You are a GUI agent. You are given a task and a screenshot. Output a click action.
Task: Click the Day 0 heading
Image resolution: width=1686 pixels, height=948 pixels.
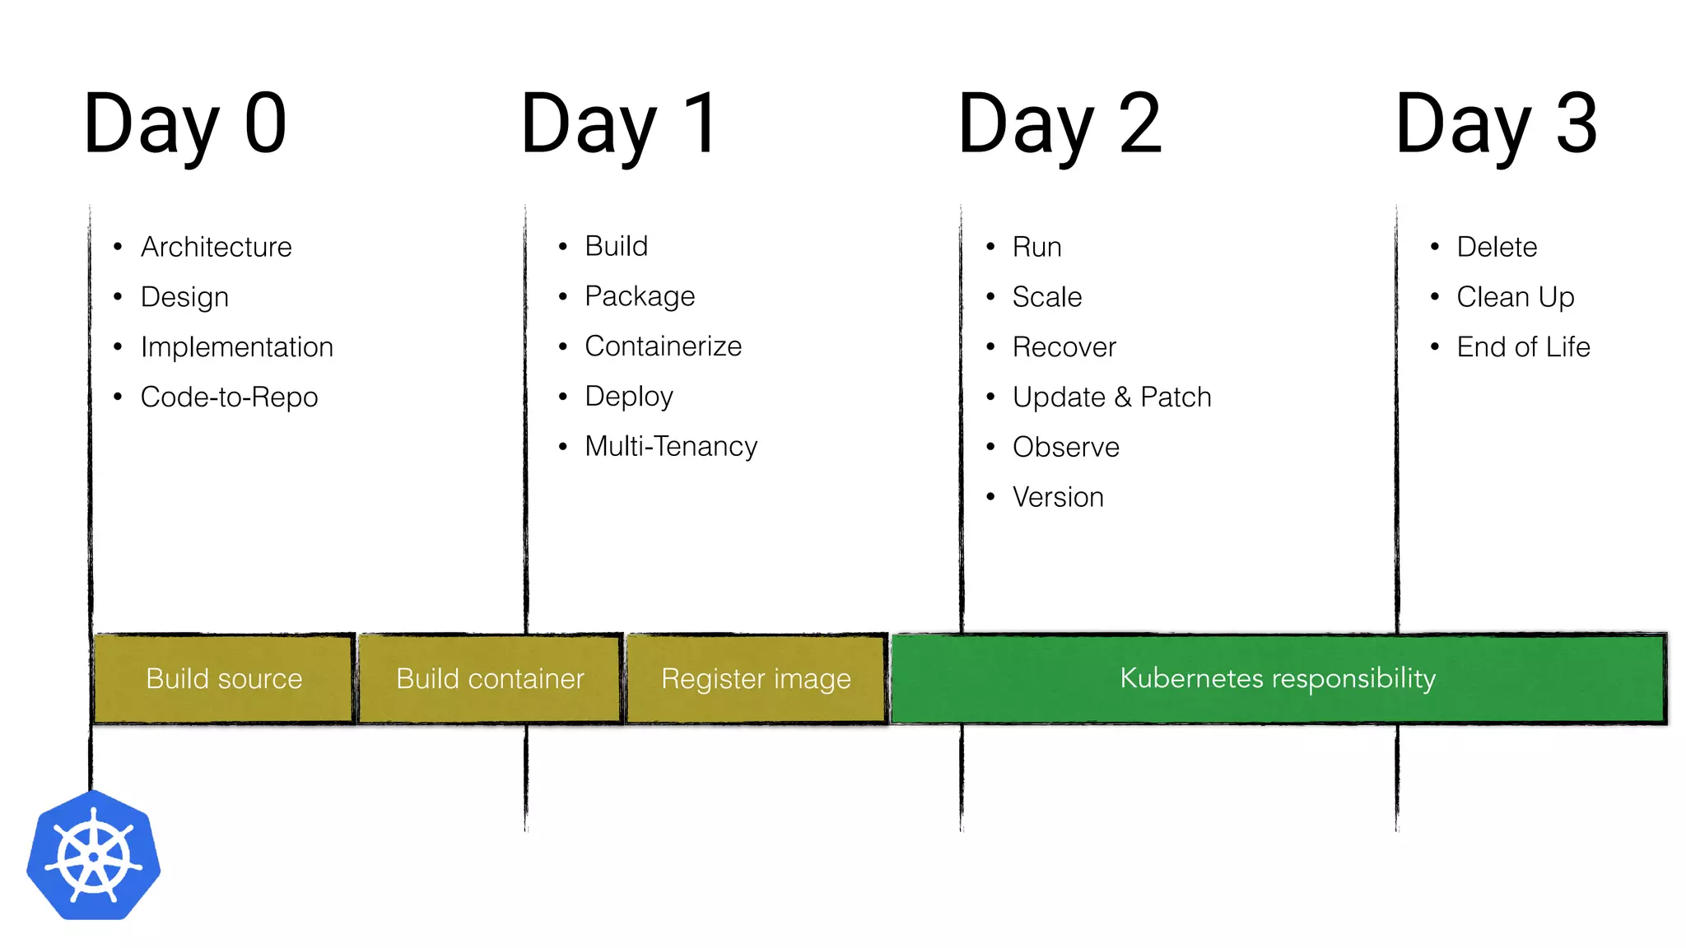(x=185, y=124)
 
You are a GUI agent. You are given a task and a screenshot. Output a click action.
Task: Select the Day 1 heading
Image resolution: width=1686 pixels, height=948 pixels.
(x=621, y=124)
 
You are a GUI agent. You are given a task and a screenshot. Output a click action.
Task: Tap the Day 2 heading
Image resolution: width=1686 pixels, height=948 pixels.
(x=1060, y=124)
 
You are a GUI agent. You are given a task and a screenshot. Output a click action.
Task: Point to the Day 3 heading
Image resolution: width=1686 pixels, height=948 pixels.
(x=1497, y=124)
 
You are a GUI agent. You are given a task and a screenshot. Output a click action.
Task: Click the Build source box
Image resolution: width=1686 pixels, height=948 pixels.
(x=224, y=679)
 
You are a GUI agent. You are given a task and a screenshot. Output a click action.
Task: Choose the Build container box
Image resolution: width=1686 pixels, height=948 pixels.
(x=490, y=679)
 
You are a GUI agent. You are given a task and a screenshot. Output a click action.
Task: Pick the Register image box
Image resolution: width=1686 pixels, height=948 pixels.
(x=756, y=679)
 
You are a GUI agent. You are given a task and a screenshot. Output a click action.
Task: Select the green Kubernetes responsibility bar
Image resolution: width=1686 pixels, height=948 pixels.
(x=1278, y=679)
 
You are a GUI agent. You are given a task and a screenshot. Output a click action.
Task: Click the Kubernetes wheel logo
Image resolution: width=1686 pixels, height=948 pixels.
(x=94, y=856)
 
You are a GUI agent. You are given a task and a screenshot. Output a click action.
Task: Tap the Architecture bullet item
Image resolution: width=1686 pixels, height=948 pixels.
(x=216, y=247)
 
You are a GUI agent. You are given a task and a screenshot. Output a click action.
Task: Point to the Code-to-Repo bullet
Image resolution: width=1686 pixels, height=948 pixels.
(x=229, y=397)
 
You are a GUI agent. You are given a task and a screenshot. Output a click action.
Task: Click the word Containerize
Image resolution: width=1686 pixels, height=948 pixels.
(x=663, y=346)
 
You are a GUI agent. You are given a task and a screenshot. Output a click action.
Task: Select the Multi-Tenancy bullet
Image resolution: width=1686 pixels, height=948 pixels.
(x=670, y=447)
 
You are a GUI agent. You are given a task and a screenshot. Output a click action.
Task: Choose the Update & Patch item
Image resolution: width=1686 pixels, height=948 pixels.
(x=1111, y=397)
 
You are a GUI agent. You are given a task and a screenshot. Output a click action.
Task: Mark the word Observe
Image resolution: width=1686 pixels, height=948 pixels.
(x=1065, y=448)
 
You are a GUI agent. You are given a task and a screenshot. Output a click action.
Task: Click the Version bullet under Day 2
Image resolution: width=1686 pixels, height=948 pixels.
(x=1058, y=498)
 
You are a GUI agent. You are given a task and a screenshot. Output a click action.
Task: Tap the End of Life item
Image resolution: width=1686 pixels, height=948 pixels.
(x=1523, y=347)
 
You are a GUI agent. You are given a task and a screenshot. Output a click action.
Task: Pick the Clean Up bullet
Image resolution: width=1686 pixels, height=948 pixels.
(x=1515, y=297)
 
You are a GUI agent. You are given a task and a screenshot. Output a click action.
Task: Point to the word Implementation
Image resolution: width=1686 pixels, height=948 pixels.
(x=236, y=347)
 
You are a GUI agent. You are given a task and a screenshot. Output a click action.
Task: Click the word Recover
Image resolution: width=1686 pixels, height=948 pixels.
(x=1064, y=347)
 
